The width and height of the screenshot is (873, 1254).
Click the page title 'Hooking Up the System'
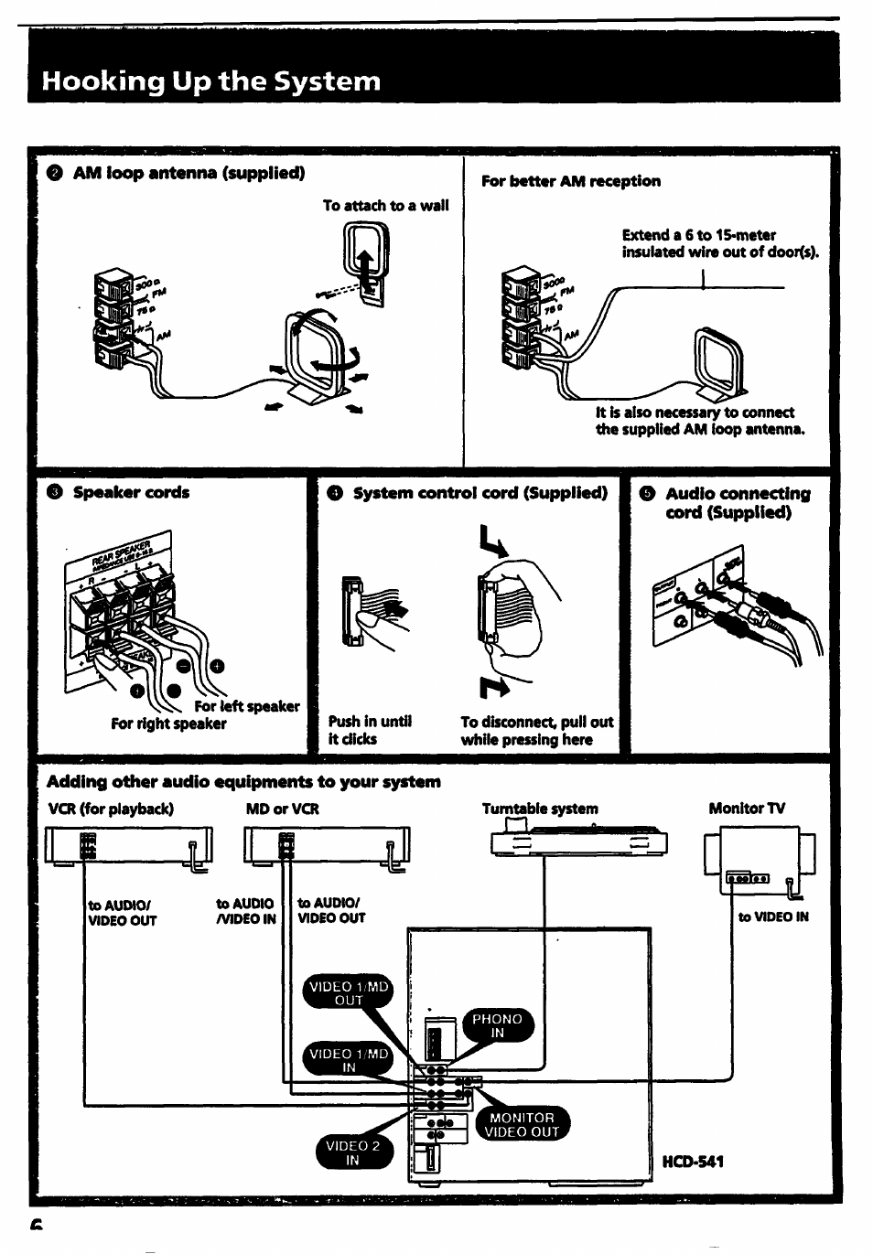(210, 81)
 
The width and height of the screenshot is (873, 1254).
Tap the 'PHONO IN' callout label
(497, 1025)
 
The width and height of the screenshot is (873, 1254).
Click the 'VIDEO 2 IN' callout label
(352, 1152)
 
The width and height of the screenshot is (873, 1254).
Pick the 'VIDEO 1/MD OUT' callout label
(348, 993)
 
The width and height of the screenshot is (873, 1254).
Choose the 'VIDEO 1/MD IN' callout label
(348, 1060)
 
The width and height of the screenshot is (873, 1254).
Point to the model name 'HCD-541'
(693, 1162)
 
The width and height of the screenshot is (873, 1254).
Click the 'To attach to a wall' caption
(385, 206)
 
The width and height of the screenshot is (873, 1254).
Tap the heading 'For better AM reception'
(570, 181)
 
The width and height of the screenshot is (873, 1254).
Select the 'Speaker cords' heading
(131, 492)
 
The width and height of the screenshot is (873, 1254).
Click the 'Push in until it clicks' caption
(370, 730)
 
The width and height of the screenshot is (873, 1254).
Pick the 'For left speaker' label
(246, 706)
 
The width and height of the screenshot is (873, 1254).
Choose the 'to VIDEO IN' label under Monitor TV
(773, 916)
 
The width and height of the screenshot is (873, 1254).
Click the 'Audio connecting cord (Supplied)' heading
(737, 502)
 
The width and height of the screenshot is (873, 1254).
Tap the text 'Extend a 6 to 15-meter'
(698, 235)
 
